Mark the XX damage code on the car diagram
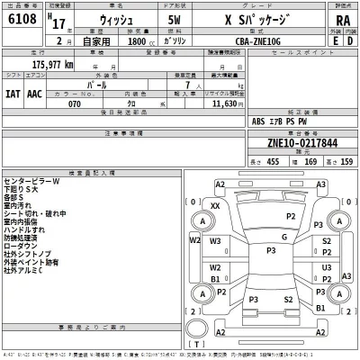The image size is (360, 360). tap(214, 205)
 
